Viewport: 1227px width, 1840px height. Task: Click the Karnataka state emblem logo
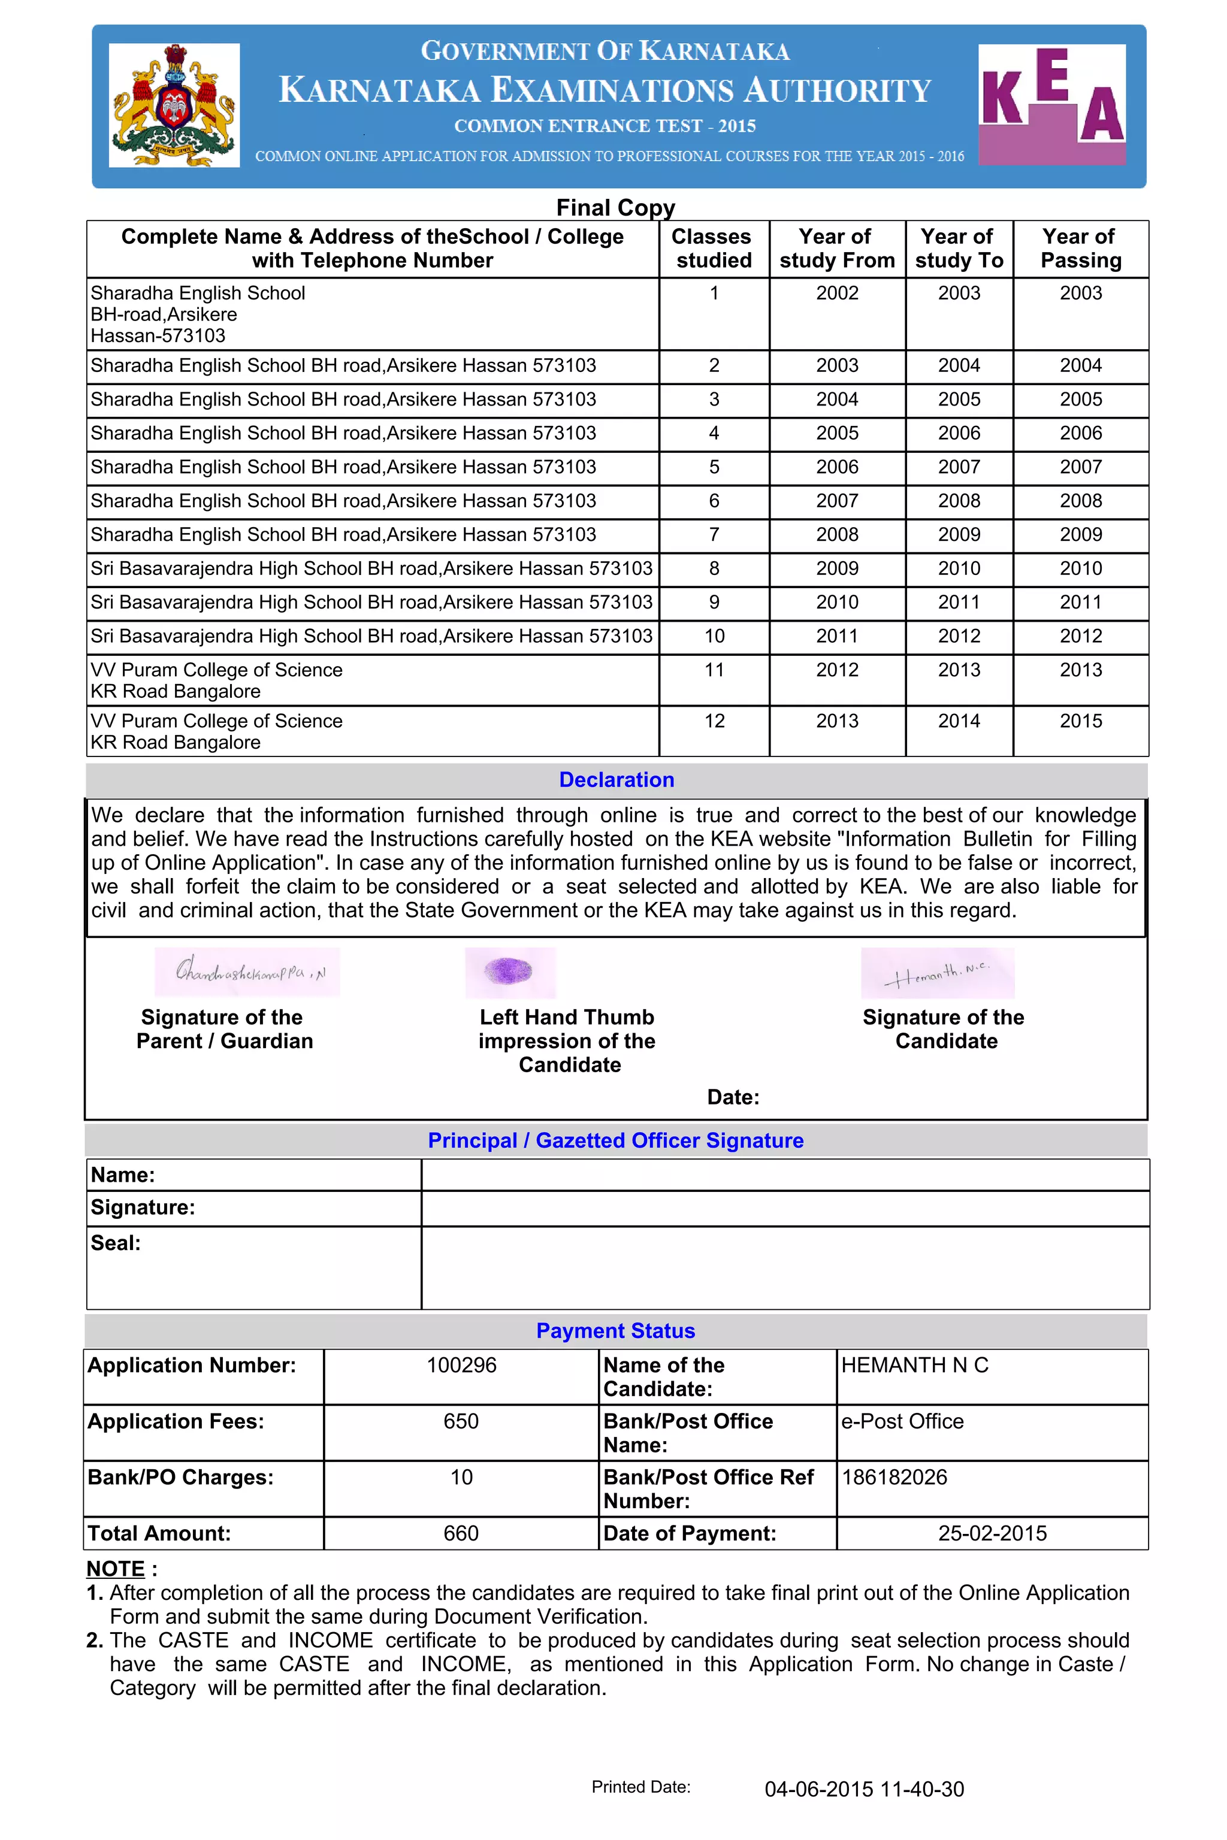(174, 105)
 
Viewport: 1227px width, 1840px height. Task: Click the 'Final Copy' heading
(615, 207)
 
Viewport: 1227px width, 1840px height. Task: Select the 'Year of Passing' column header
(1081, 248)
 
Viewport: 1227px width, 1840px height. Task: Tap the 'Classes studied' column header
(714, 248)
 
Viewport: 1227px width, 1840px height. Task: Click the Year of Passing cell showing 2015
(1081, 721)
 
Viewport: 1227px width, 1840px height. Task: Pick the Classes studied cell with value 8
(714, 569)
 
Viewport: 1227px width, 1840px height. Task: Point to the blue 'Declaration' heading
(616, 780)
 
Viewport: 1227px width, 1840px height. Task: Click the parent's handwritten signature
(248, 973)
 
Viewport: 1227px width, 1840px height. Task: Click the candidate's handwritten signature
(938, 973)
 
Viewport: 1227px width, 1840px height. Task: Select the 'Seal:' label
(116, 1243)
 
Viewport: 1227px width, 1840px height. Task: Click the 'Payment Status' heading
(615, 1331)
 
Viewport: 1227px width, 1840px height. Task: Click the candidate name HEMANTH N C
(915, 1365)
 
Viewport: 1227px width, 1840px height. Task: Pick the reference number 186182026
(894, 1477)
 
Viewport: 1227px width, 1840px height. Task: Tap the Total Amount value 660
(461, 1533)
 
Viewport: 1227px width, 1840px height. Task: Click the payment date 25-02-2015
(992, 1533)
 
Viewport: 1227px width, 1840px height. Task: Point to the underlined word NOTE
(116, 1569)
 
